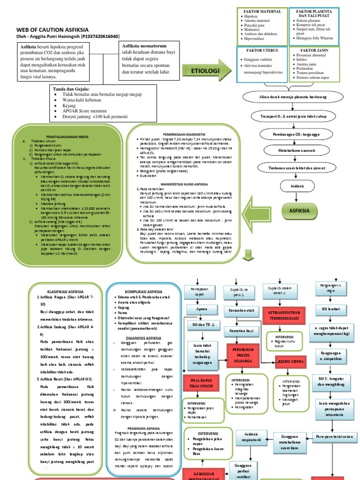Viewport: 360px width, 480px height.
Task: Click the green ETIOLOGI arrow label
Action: (x=204, y=70)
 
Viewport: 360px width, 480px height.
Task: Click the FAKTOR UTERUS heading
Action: (x=260, y=50)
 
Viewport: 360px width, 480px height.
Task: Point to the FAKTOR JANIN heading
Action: (x=314, y=50)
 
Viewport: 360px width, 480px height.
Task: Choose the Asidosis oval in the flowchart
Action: (x=297, y=187)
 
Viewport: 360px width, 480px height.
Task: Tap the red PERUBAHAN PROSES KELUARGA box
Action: (x=243, y=353)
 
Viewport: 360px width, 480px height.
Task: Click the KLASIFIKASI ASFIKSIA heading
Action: (x=61, y=291)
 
